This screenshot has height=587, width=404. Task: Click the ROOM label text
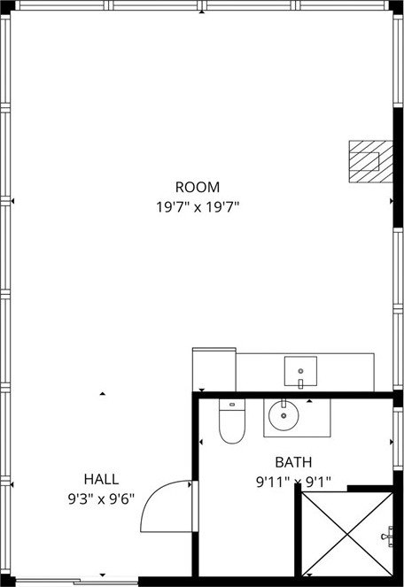(x=198, y=187)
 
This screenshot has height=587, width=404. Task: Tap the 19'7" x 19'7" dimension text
(x=198, y=206)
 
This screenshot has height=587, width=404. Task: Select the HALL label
(x=101, y=479)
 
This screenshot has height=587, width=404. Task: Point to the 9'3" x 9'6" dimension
(x=101, y=498)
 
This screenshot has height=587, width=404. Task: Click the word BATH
(x=293, y=462)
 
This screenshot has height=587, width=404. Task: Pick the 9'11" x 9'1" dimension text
(x=293, y=482)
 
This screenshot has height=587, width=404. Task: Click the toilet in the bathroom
(x=232, y=421)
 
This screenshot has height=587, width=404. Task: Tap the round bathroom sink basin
(x=284, y=414)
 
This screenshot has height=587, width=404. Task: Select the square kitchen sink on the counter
(x=300, y=371)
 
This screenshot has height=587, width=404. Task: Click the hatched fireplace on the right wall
(x=370, y=161)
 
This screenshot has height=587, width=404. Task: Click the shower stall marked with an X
(x=347, y=534)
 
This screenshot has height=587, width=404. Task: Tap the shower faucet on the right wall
(x=388, y=537)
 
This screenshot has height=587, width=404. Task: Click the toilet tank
(x=232, y=405)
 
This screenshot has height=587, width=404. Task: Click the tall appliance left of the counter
(x=214, y=369)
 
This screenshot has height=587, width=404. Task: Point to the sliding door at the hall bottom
(x=77, y=582)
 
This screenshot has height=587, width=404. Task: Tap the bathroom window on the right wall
(x=398, y=438)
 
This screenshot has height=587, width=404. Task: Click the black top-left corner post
(x=7, y=7)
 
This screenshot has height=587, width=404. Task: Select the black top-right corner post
(x=396, y=7)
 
